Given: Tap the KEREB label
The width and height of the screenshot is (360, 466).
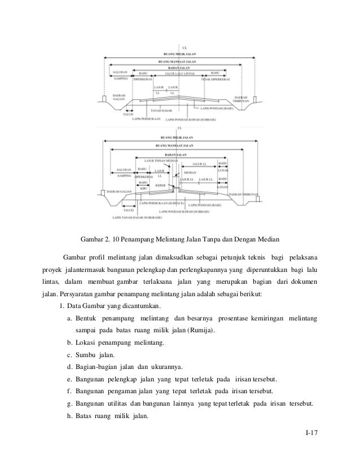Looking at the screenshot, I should coord(160,185).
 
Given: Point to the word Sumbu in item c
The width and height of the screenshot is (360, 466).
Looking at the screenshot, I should coord(90,356).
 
